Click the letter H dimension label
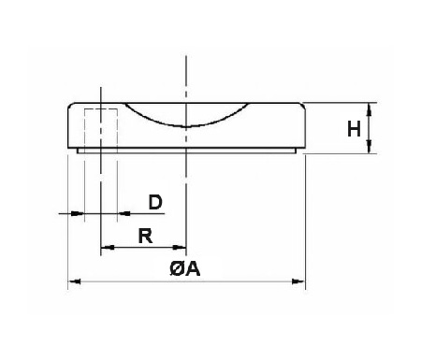point(355,128)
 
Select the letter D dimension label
point(155,202)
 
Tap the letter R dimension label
point(145,235)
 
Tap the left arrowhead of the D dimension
point(80,214)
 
